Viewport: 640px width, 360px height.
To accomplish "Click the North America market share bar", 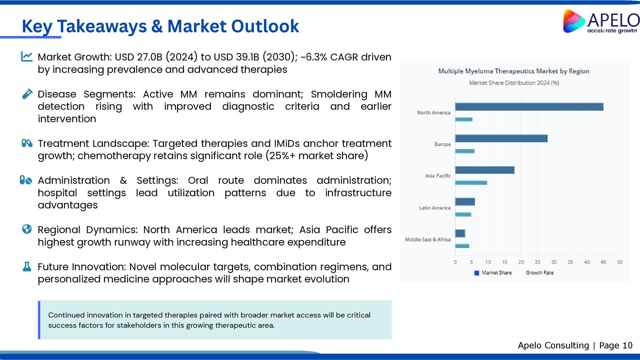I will click(529, 107).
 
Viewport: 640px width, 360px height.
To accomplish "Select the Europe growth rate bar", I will click(465, 151).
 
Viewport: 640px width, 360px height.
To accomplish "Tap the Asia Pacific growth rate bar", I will click(471, 183).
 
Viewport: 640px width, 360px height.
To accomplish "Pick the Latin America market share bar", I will click(465, 202).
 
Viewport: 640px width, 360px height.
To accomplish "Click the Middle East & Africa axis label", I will click(428, 239).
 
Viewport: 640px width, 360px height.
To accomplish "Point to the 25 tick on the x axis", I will click(537, 262).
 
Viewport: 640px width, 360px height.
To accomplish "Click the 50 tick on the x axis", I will click(620, 262).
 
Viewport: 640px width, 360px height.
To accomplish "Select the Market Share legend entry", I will click(493, 273).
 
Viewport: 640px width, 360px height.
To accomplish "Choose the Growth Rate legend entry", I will click(539, 273).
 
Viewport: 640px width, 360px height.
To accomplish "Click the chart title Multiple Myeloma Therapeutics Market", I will click(514, 71).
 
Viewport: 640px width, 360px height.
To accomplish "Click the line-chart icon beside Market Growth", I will click(27, 56).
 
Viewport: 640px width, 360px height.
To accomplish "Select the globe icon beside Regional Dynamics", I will click(27, 229).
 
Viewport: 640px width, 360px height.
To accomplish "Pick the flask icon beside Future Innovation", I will click(27, 266).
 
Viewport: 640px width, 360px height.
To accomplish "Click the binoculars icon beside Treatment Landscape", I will click(27, 143).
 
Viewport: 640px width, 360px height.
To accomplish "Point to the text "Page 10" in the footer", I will click(616, 345).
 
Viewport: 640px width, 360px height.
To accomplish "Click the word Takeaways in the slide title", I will click(102, 26).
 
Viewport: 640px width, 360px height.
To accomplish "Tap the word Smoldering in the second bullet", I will click(339, 94).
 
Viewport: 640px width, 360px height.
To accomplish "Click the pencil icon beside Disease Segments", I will click(27, 94).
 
